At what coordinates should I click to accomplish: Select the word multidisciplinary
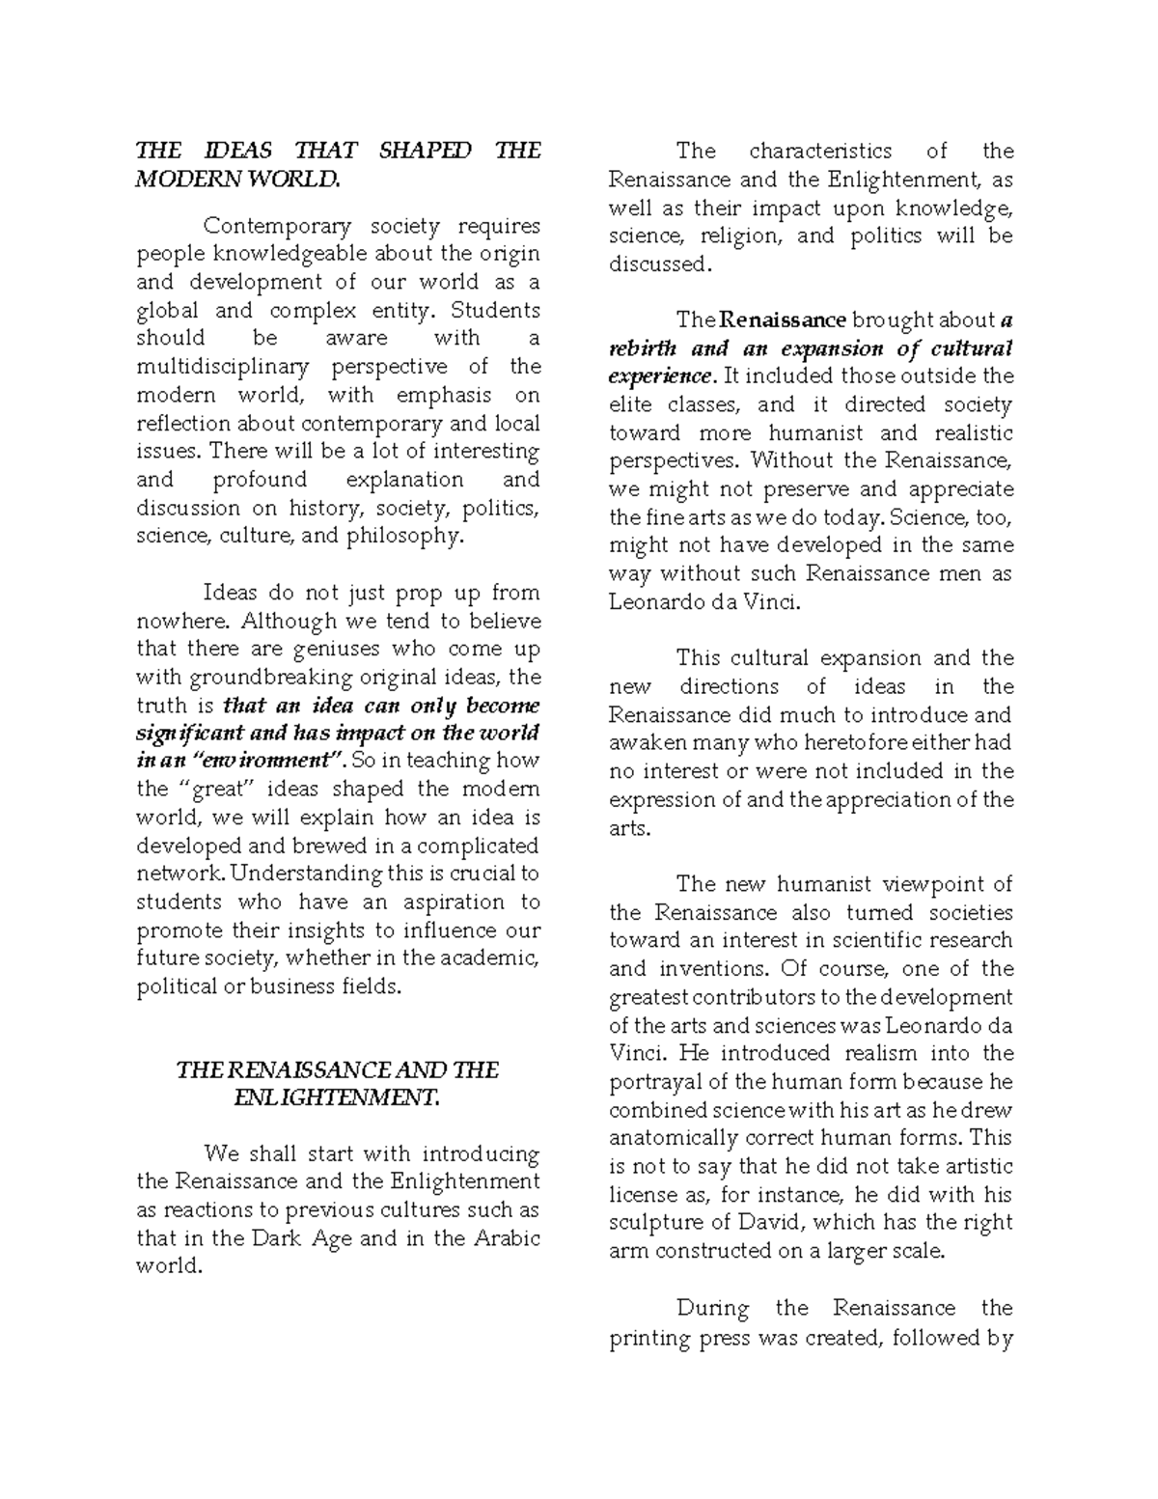[x=223, y=367]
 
